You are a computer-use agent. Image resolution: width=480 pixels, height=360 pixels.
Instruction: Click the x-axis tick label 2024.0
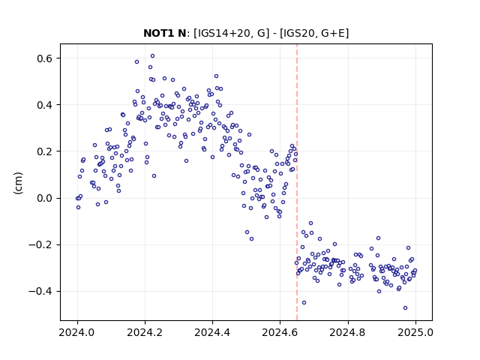(x=77, y=332)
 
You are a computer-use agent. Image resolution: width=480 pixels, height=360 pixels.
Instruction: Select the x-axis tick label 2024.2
(x=145, y=332)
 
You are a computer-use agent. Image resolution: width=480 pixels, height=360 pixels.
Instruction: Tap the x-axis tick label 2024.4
(x=212, y=332)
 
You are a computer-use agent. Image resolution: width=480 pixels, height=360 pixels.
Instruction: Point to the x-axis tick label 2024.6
(x=280, y=332)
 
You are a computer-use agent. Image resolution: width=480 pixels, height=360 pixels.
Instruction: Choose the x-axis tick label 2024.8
(x=348, y=332)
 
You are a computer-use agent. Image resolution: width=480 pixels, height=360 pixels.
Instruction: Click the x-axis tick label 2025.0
(x=415, y=332)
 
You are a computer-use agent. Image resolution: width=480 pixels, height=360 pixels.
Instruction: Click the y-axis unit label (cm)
(x=18, y=183)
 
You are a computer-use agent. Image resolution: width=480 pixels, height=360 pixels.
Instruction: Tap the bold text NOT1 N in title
(x=165, y=33)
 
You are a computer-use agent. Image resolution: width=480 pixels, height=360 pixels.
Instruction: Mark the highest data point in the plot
(x=152, y=55)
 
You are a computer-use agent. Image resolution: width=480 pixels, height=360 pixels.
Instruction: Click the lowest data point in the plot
(x=405, y=307)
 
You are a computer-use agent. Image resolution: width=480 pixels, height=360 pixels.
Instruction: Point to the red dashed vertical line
(x=297, y=182)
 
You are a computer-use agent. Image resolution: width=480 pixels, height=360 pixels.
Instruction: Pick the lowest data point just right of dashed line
(x=304, y=302)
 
